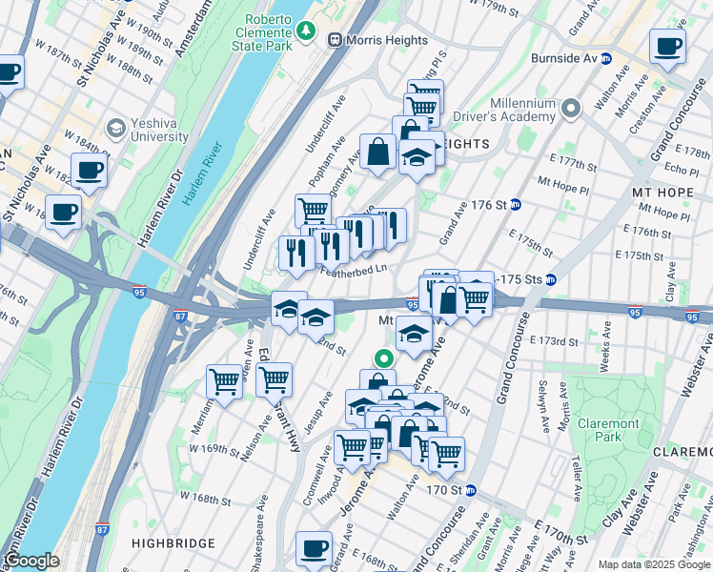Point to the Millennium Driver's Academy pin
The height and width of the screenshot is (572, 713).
pyautogui.click(x=570, y=109)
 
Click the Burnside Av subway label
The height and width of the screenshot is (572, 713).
pyautogui.click(x=563, y=58)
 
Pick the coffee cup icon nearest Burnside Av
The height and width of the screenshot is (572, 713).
pyautogui.click(x=667, y=46)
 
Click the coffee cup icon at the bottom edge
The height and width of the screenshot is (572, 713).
pyautogui.click(x=314, y=549)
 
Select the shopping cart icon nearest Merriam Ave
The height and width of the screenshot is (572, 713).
pyautogui.click(x=224, y=382)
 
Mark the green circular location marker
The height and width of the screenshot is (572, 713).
pyautogui.click(x=383, y=359)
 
